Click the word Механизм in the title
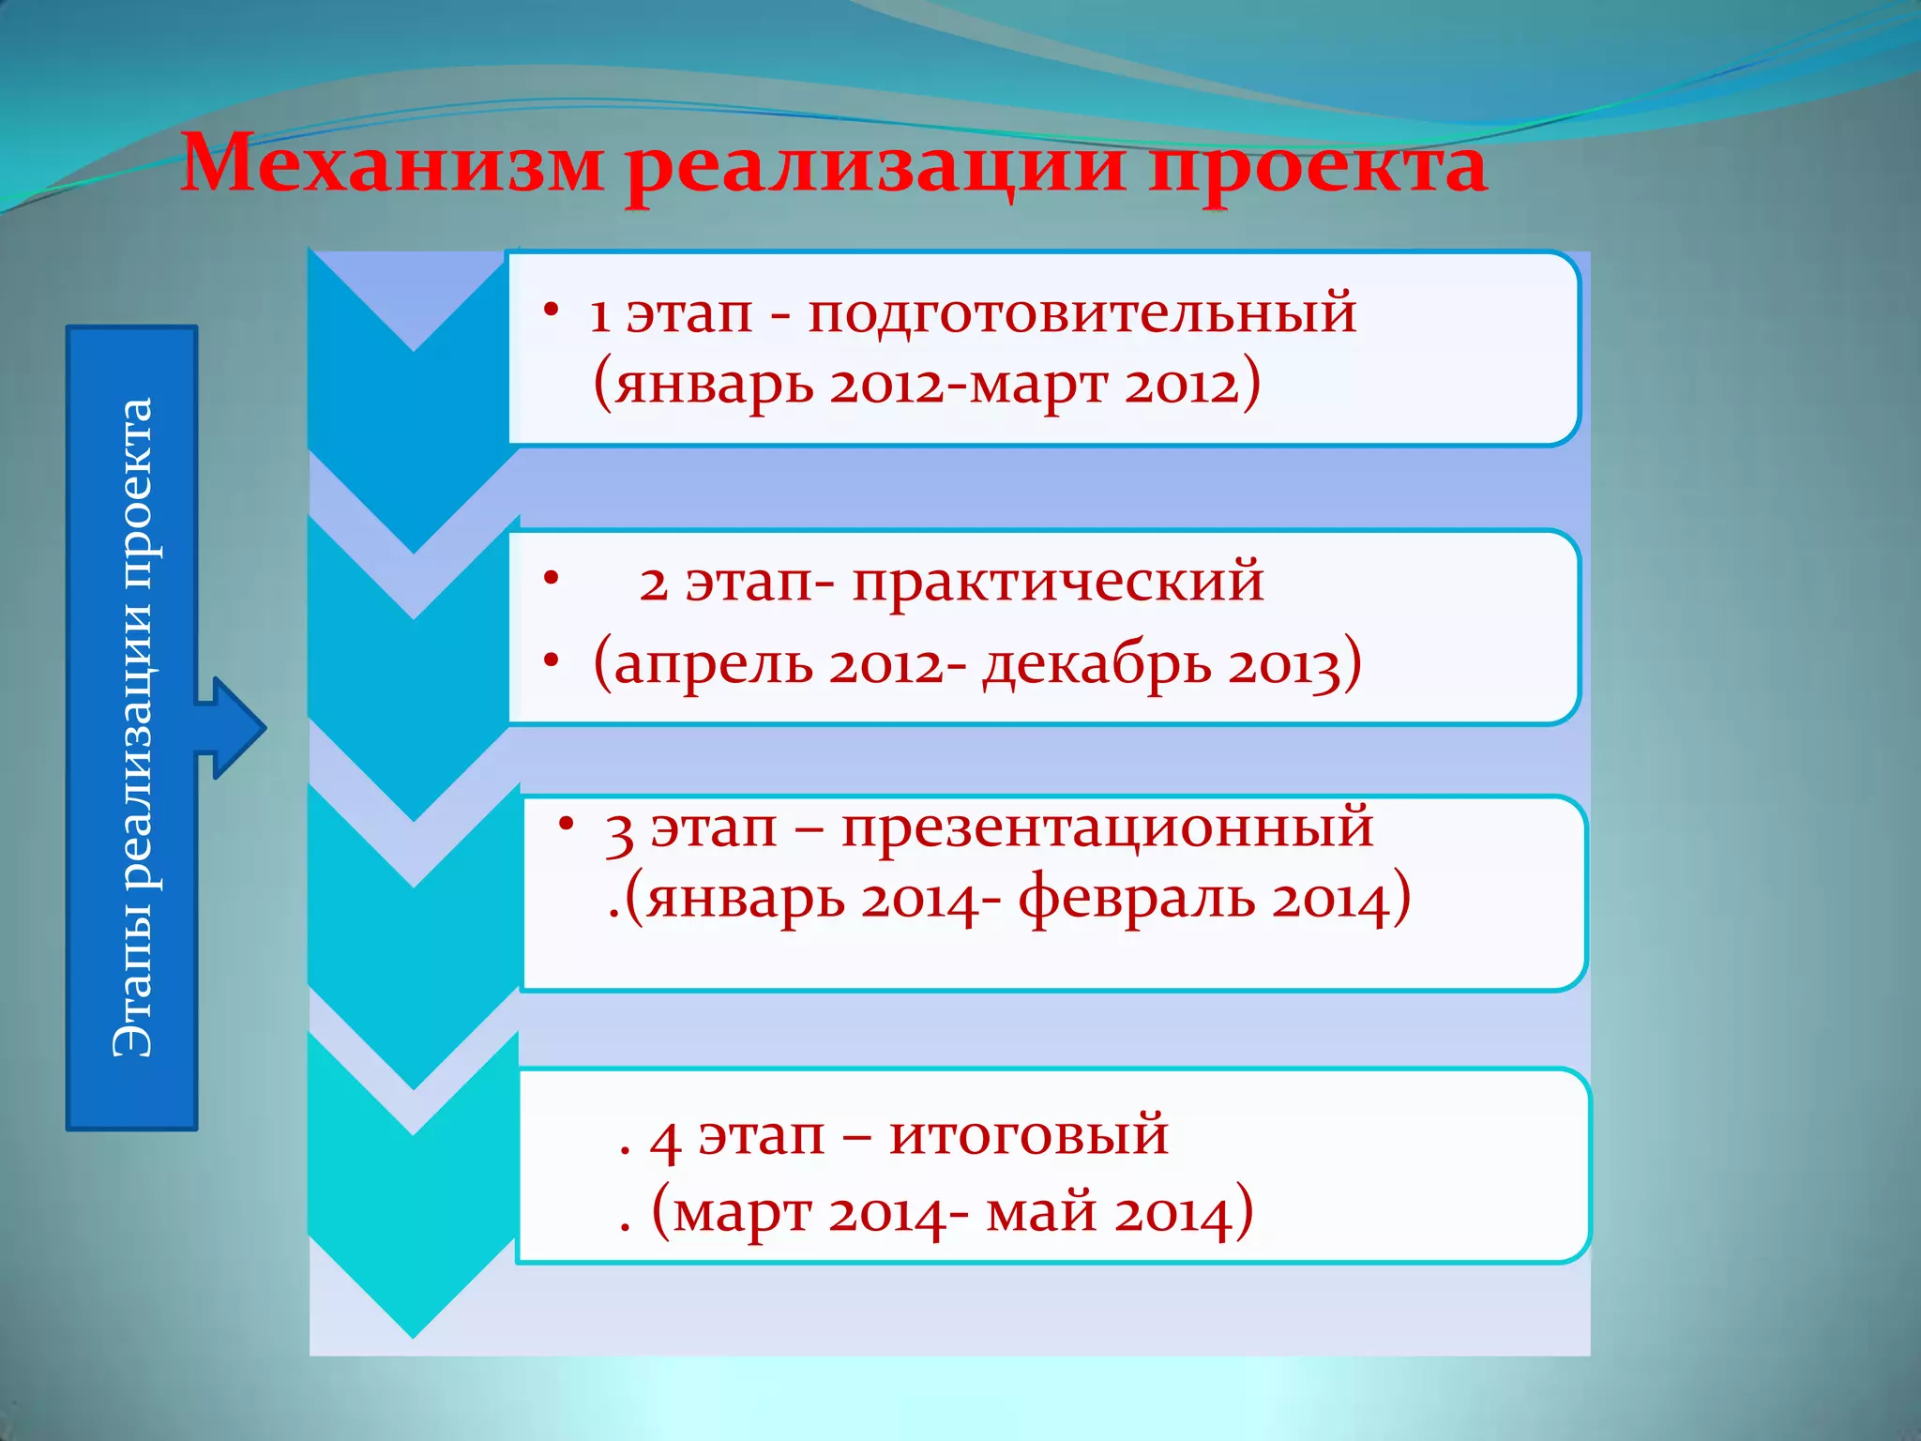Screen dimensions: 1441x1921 [x=392, y=165]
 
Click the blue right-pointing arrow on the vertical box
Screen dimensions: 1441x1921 [x=234, y=727]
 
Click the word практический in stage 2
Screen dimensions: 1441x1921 [x=1058, y=581]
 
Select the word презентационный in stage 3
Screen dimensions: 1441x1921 [x=1107, y=828]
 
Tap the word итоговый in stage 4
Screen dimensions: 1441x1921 [x=1028, y=1134]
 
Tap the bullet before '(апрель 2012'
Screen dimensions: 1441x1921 [x=552, y=662]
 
